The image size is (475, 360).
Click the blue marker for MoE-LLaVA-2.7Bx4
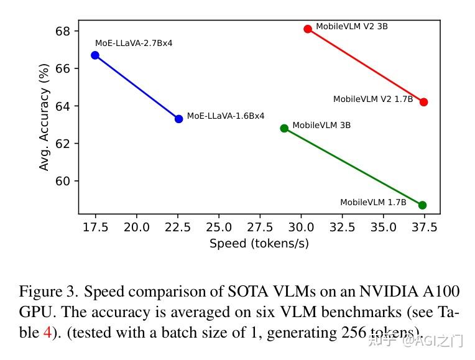pos(95,55)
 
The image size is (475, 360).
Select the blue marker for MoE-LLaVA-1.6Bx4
pos(179,119)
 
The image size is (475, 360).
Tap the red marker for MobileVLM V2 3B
pos(308,29)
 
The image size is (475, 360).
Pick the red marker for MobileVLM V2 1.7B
pos(423,102)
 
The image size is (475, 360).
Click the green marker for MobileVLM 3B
pos(284,128)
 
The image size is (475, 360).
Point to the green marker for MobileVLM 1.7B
pos(422,205)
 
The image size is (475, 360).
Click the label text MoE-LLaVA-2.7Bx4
pos(134,44)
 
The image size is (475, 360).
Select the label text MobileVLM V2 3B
pos(352,27)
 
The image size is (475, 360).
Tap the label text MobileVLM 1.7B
pos(373,203)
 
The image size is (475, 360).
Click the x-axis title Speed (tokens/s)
pos(259,244)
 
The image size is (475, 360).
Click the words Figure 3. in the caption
pos(48,292)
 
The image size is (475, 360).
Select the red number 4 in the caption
pos(47,333)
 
